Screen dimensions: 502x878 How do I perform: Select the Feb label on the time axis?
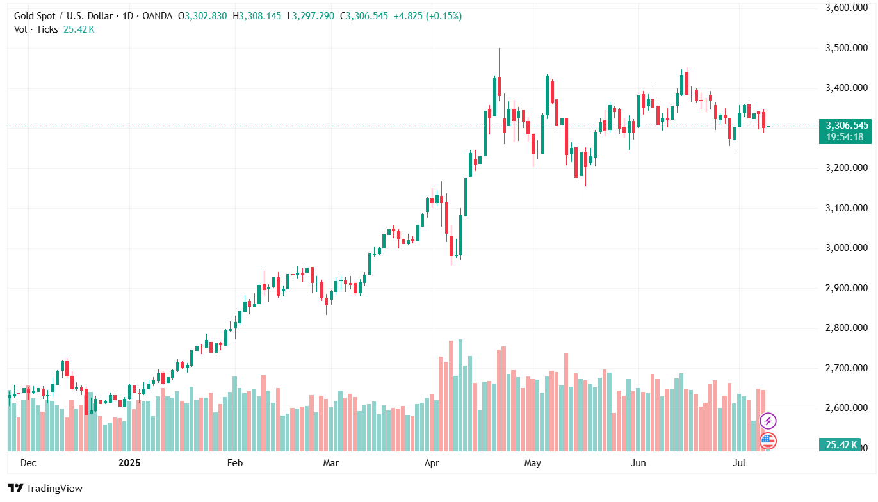coord(235,462)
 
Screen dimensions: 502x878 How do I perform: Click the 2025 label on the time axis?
coord(129,462)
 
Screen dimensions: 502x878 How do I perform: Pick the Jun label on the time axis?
coord(638,462)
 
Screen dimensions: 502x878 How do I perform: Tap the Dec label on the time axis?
coord(28,462)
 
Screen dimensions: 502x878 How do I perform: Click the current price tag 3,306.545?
coord(847,125)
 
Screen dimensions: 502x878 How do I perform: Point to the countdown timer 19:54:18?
coord(845,136)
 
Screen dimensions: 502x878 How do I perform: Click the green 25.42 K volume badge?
coord(841,445)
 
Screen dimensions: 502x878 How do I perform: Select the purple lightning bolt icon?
coord(768,421)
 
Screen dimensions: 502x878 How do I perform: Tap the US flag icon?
coord(768,441)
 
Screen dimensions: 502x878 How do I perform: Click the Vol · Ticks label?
coord(36,29)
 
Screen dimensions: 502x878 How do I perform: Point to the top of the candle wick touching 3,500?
coord(499,49)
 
